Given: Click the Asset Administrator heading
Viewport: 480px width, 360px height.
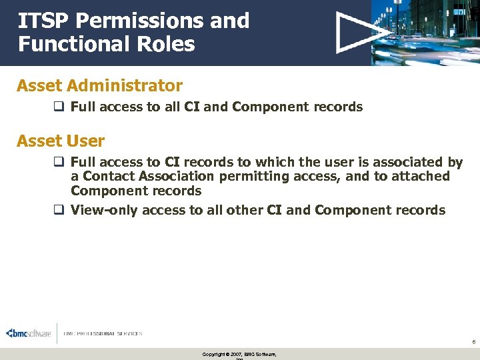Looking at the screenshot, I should tap(99, 86).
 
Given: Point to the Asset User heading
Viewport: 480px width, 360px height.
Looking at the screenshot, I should tap(61, 141).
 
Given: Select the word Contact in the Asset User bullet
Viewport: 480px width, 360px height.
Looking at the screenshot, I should tap(107, 177).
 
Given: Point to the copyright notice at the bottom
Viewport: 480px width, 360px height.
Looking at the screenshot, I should tap(239, 354).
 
